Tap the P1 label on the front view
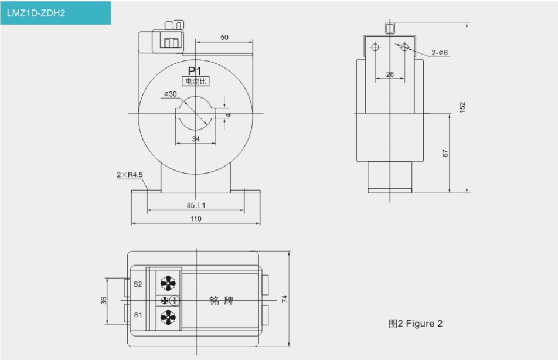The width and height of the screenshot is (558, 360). [x=195, y=71]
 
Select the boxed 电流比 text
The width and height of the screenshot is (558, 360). [x=196, y=81]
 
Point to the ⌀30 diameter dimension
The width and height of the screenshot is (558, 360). [x=171, y=94]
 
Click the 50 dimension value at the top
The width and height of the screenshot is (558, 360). [x=224, y=37]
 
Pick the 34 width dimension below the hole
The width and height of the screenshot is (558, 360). [x=196, y=139]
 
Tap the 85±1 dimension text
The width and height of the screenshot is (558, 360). [x=196, y=205]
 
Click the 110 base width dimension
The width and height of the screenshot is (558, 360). [x=196, y=219]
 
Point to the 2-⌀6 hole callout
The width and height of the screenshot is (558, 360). [x=440, y=53]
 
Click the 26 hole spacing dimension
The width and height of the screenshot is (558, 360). [x=390, y=74]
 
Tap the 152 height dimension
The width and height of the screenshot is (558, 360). [x=462, y=107]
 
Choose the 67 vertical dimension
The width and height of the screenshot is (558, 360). [x=445, y=153]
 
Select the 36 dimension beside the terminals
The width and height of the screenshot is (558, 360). [x=103, y=300]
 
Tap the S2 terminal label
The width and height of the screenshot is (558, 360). [x=138, y=284]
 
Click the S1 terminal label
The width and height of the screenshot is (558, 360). [x=138, y=315]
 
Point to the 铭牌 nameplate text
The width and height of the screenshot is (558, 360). [x=222, y=301]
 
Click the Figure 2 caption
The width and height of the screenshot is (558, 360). [x=416, y=324]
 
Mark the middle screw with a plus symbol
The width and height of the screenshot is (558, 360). [x=173, y=300]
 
